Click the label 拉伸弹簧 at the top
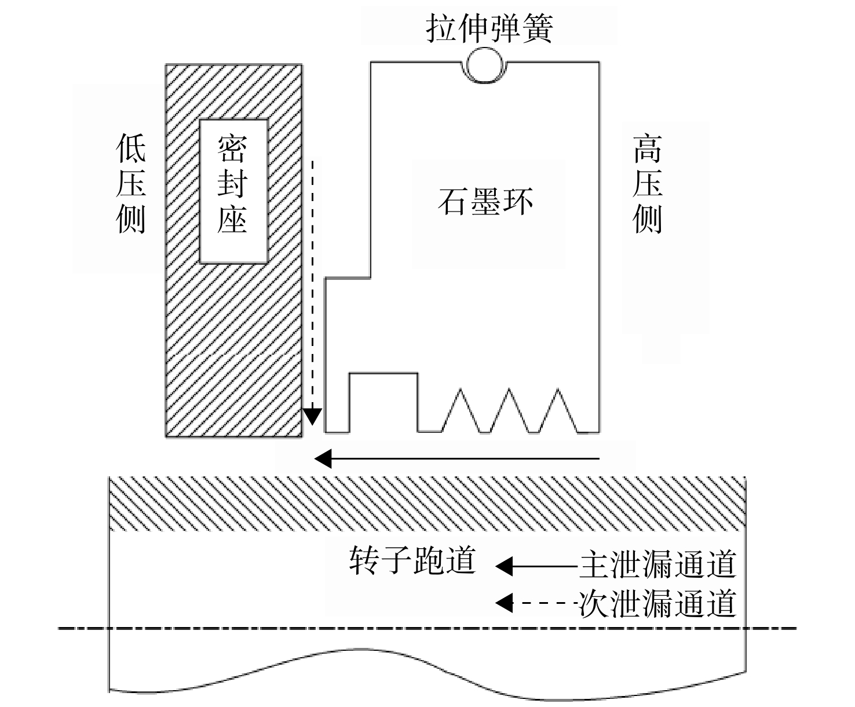489,28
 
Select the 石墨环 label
485,202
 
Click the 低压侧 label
131,183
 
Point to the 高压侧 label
648,183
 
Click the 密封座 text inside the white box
232,184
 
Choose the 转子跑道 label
412,560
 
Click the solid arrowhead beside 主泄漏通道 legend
503,567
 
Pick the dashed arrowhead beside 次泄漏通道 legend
503,603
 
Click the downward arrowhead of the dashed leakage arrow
312,417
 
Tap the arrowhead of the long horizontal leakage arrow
323,459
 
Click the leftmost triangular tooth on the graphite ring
461,410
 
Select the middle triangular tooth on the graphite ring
509,410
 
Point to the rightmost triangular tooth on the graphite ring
558,410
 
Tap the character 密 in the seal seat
232,149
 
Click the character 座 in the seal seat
232,219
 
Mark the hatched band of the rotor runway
427,504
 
